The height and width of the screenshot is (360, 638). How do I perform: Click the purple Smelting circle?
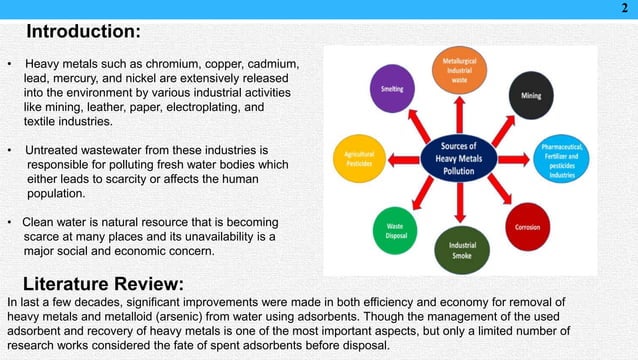click(392, 90)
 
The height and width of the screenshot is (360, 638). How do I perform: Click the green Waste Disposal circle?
click(394, 229)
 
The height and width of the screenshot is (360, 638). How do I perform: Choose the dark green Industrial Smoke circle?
click(462, 247)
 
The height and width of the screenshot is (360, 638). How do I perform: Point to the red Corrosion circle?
click(527, 227)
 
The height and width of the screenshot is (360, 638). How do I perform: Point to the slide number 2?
click(625, 10)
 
